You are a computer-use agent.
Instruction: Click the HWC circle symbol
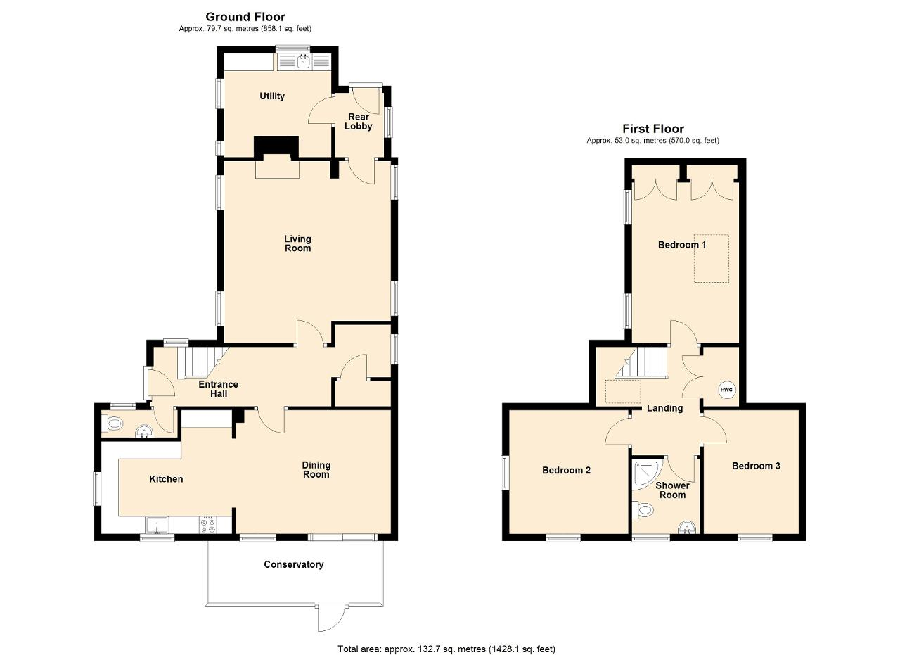click(726, 390)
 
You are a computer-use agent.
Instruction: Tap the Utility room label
click(272, 96)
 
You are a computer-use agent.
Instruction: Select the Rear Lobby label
click(359, 122)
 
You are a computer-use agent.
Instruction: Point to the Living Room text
click(297, 243)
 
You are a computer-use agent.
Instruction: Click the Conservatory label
click(294, 564)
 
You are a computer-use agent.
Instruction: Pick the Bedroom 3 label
click(756, 466)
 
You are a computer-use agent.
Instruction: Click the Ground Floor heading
click(245, 17)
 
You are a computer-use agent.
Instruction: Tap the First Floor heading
click(653, 129)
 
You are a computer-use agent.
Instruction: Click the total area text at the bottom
click(446, 638)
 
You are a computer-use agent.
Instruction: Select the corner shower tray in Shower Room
click(646, 476)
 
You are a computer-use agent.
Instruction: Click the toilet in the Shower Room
click(643, 511)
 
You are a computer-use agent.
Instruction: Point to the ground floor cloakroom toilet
click(112, 423)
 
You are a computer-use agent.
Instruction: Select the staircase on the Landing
click(641, 362)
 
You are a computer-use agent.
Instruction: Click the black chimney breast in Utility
click(276, 146)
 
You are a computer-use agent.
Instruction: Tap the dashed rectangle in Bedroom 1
click(712, 258)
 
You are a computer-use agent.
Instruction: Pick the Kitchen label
click(166, 479)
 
